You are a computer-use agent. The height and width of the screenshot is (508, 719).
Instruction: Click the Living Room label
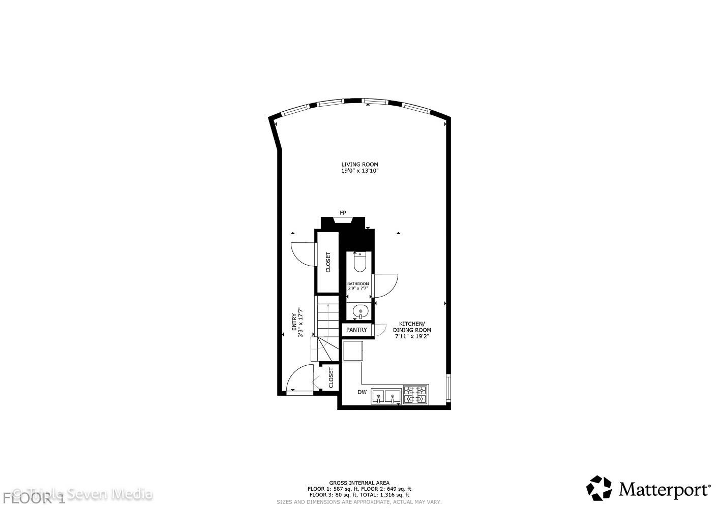coord(359,165)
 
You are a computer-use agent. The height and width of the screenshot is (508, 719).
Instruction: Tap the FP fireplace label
coord(343,212)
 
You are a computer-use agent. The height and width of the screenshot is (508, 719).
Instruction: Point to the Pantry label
coord(356,330)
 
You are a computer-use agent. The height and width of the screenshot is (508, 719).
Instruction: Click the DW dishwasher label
coord(362,392)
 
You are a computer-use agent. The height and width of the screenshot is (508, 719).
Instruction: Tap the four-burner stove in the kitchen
coord(416,395)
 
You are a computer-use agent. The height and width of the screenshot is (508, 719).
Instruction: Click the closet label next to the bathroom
coord(328,262)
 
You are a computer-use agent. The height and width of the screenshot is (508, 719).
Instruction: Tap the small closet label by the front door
coord(331,378)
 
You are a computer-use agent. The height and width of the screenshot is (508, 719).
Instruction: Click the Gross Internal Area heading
coord(359,483)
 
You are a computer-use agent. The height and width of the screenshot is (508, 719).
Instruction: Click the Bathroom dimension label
coord(358,286)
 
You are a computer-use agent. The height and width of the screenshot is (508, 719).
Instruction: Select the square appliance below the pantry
coord(352,351)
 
